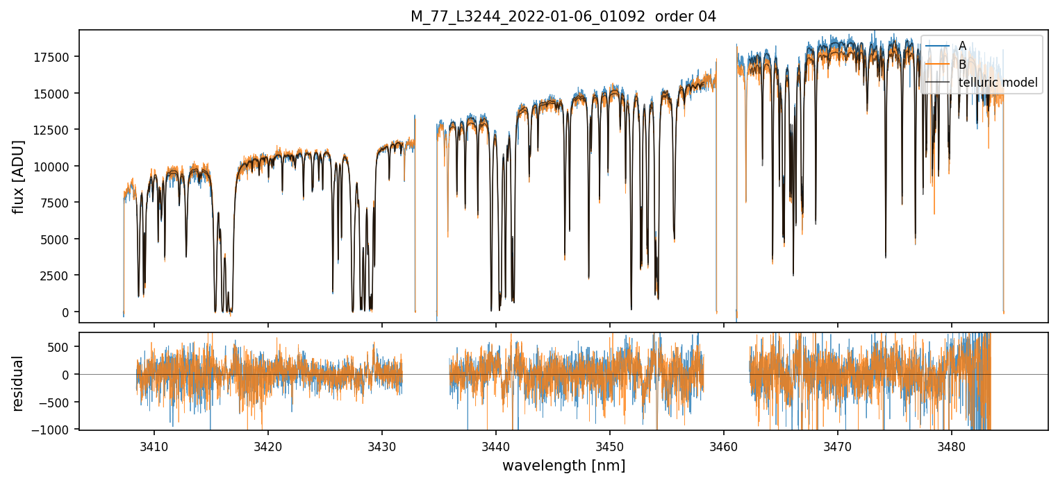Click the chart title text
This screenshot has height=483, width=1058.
[x=563, y=17]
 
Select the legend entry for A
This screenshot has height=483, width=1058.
[x=962, y=46]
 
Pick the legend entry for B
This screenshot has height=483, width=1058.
[x=962, y=65]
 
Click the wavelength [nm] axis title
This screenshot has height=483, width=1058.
[x=563, y=466]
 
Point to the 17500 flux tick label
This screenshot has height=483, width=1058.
[x=53, y=57]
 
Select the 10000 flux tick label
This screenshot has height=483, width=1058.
[x=53, y=167]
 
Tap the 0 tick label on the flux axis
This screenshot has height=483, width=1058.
[x=67, y=312]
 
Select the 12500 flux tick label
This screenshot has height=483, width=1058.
[x=53, y=130]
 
